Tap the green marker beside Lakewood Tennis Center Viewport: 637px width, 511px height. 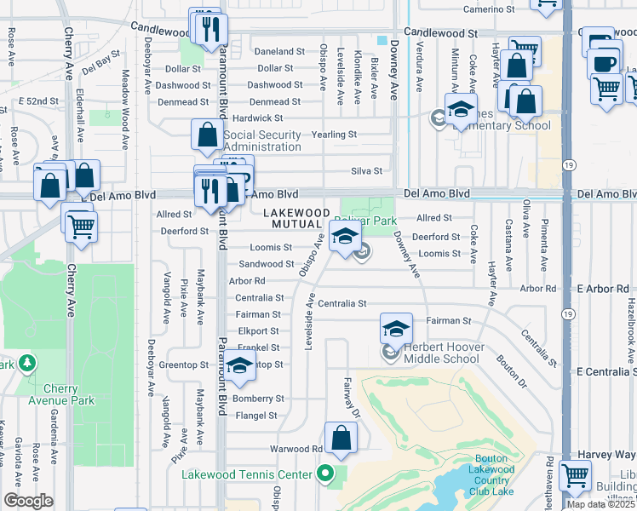[x=324, y=474]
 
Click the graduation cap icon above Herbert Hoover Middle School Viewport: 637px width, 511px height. [x=396, y=329]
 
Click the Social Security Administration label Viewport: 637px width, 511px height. [x=262, y=141]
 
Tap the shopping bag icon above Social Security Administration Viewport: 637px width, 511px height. [x=207, y=134]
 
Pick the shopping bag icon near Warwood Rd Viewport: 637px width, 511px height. [x=341, y=439]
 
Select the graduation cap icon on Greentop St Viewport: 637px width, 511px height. [x=240, y=366]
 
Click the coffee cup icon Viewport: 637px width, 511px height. [x=604, y=63]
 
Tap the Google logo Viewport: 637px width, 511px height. [x=28, y=501]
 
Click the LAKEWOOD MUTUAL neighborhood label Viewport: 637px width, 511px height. [x=296, y=217]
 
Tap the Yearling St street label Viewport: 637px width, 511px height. [x=334, y=135]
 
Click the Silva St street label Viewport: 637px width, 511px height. [x=367, y=170]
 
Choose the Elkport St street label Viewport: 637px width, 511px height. [x=259, y=331]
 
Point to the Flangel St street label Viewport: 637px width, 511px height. [x=256, y=416]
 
